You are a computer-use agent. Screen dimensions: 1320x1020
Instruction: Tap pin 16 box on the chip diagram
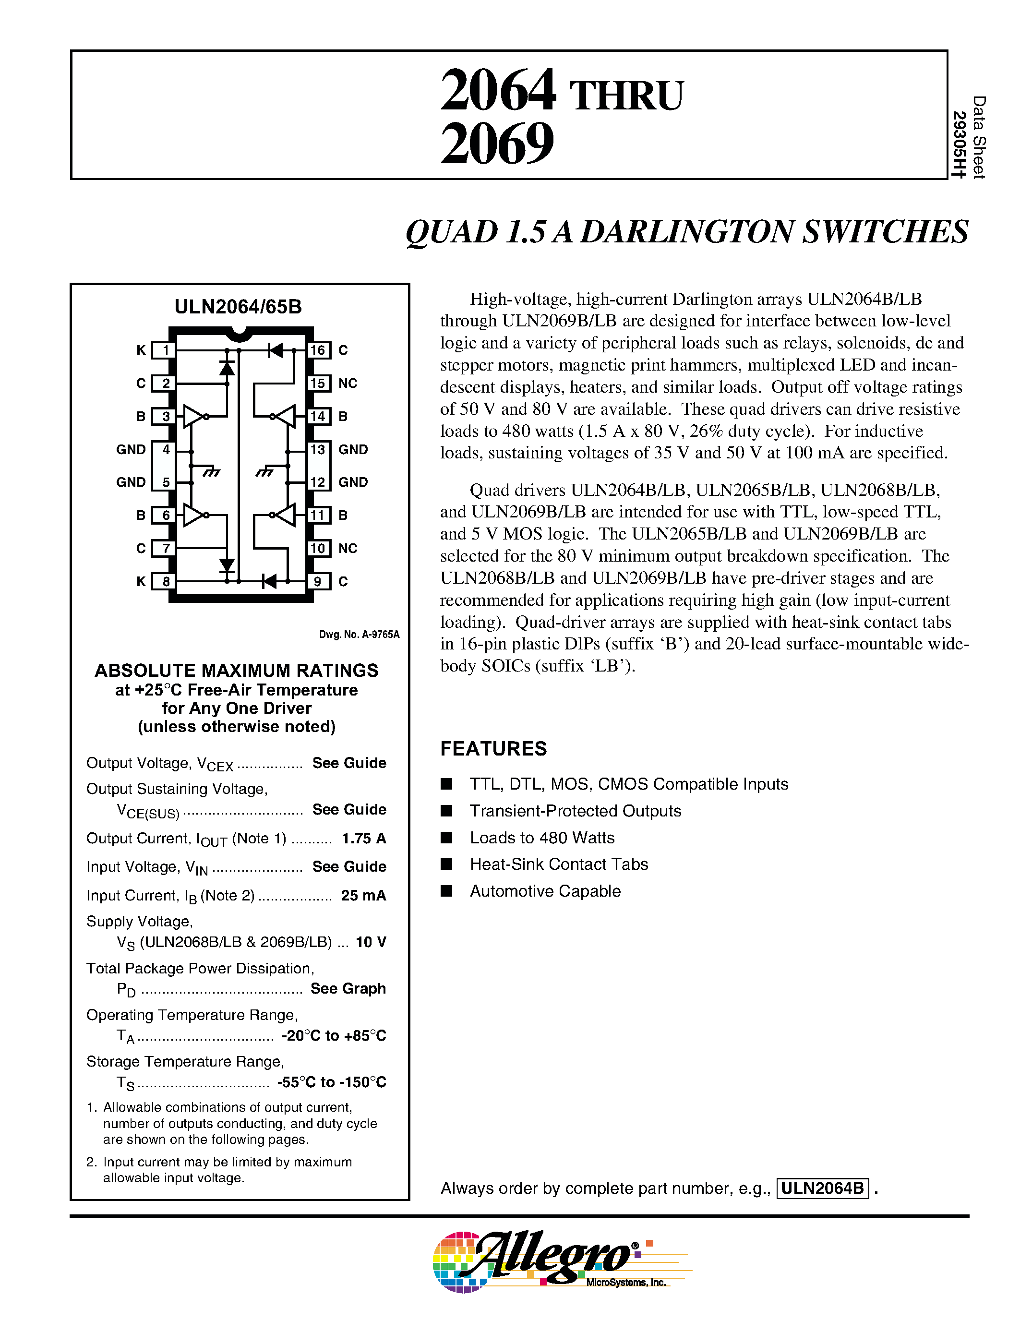coord(318,350)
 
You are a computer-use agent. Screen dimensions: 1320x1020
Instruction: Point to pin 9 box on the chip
coord(318,581)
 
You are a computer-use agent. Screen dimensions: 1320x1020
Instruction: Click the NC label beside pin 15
coord(348,383)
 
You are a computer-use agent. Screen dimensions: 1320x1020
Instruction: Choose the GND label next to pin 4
coord(131,450)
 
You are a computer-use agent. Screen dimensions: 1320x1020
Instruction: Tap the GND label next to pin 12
coord(353,482)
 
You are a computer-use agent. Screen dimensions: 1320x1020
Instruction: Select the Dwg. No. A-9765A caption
coord(359,635)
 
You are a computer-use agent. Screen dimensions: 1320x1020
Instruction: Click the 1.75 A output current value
coord(364,838)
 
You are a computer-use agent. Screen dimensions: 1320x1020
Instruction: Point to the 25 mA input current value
coord(363,896)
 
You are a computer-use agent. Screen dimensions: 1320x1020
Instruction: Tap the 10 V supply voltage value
coord(371,942)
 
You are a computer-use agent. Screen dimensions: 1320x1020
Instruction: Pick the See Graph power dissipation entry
coord(348,989)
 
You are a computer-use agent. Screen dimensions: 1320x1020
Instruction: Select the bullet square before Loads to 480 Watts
coord(446,838)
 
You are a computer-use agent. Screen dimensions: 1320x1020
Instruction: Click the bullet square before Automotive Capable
coord(446,891)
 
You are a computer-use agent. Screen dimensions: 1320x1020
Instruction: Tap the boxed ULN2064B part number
coord(822,1188)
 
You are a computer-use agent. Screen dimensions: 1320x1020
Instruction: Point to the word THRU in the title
coord(626,96)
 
